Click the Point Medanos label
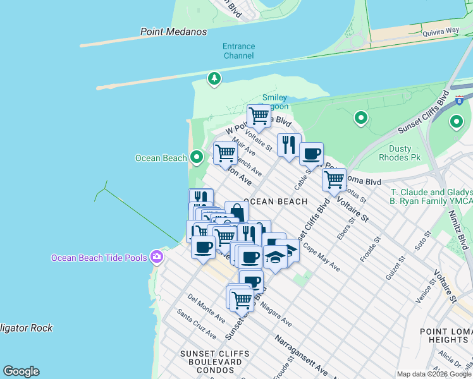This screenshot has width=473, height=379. coord(166,32)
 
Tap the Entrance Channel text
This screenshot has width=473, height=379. coord(238,51)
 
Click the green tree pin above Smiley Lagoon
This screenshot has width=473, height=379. coord(215,79)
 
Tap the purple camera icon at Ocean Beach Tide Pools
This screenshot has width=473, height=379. coord(157,257)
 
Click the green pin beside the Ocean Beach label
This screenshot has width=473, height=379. coord(197,157)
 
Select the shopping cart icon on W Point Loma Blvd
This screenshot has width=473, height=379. coord(258,116)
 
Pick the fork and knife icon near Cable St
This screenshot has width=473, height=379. coord(288,145)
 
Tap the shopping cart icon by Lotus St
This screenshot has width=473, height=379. coord(333,179)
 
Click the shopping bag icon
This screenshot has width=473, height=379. coord(236,212)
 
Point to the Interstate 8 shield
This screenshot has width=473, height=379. coord(458,100)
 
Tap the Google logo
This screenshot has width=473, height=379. coord(21,371)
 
